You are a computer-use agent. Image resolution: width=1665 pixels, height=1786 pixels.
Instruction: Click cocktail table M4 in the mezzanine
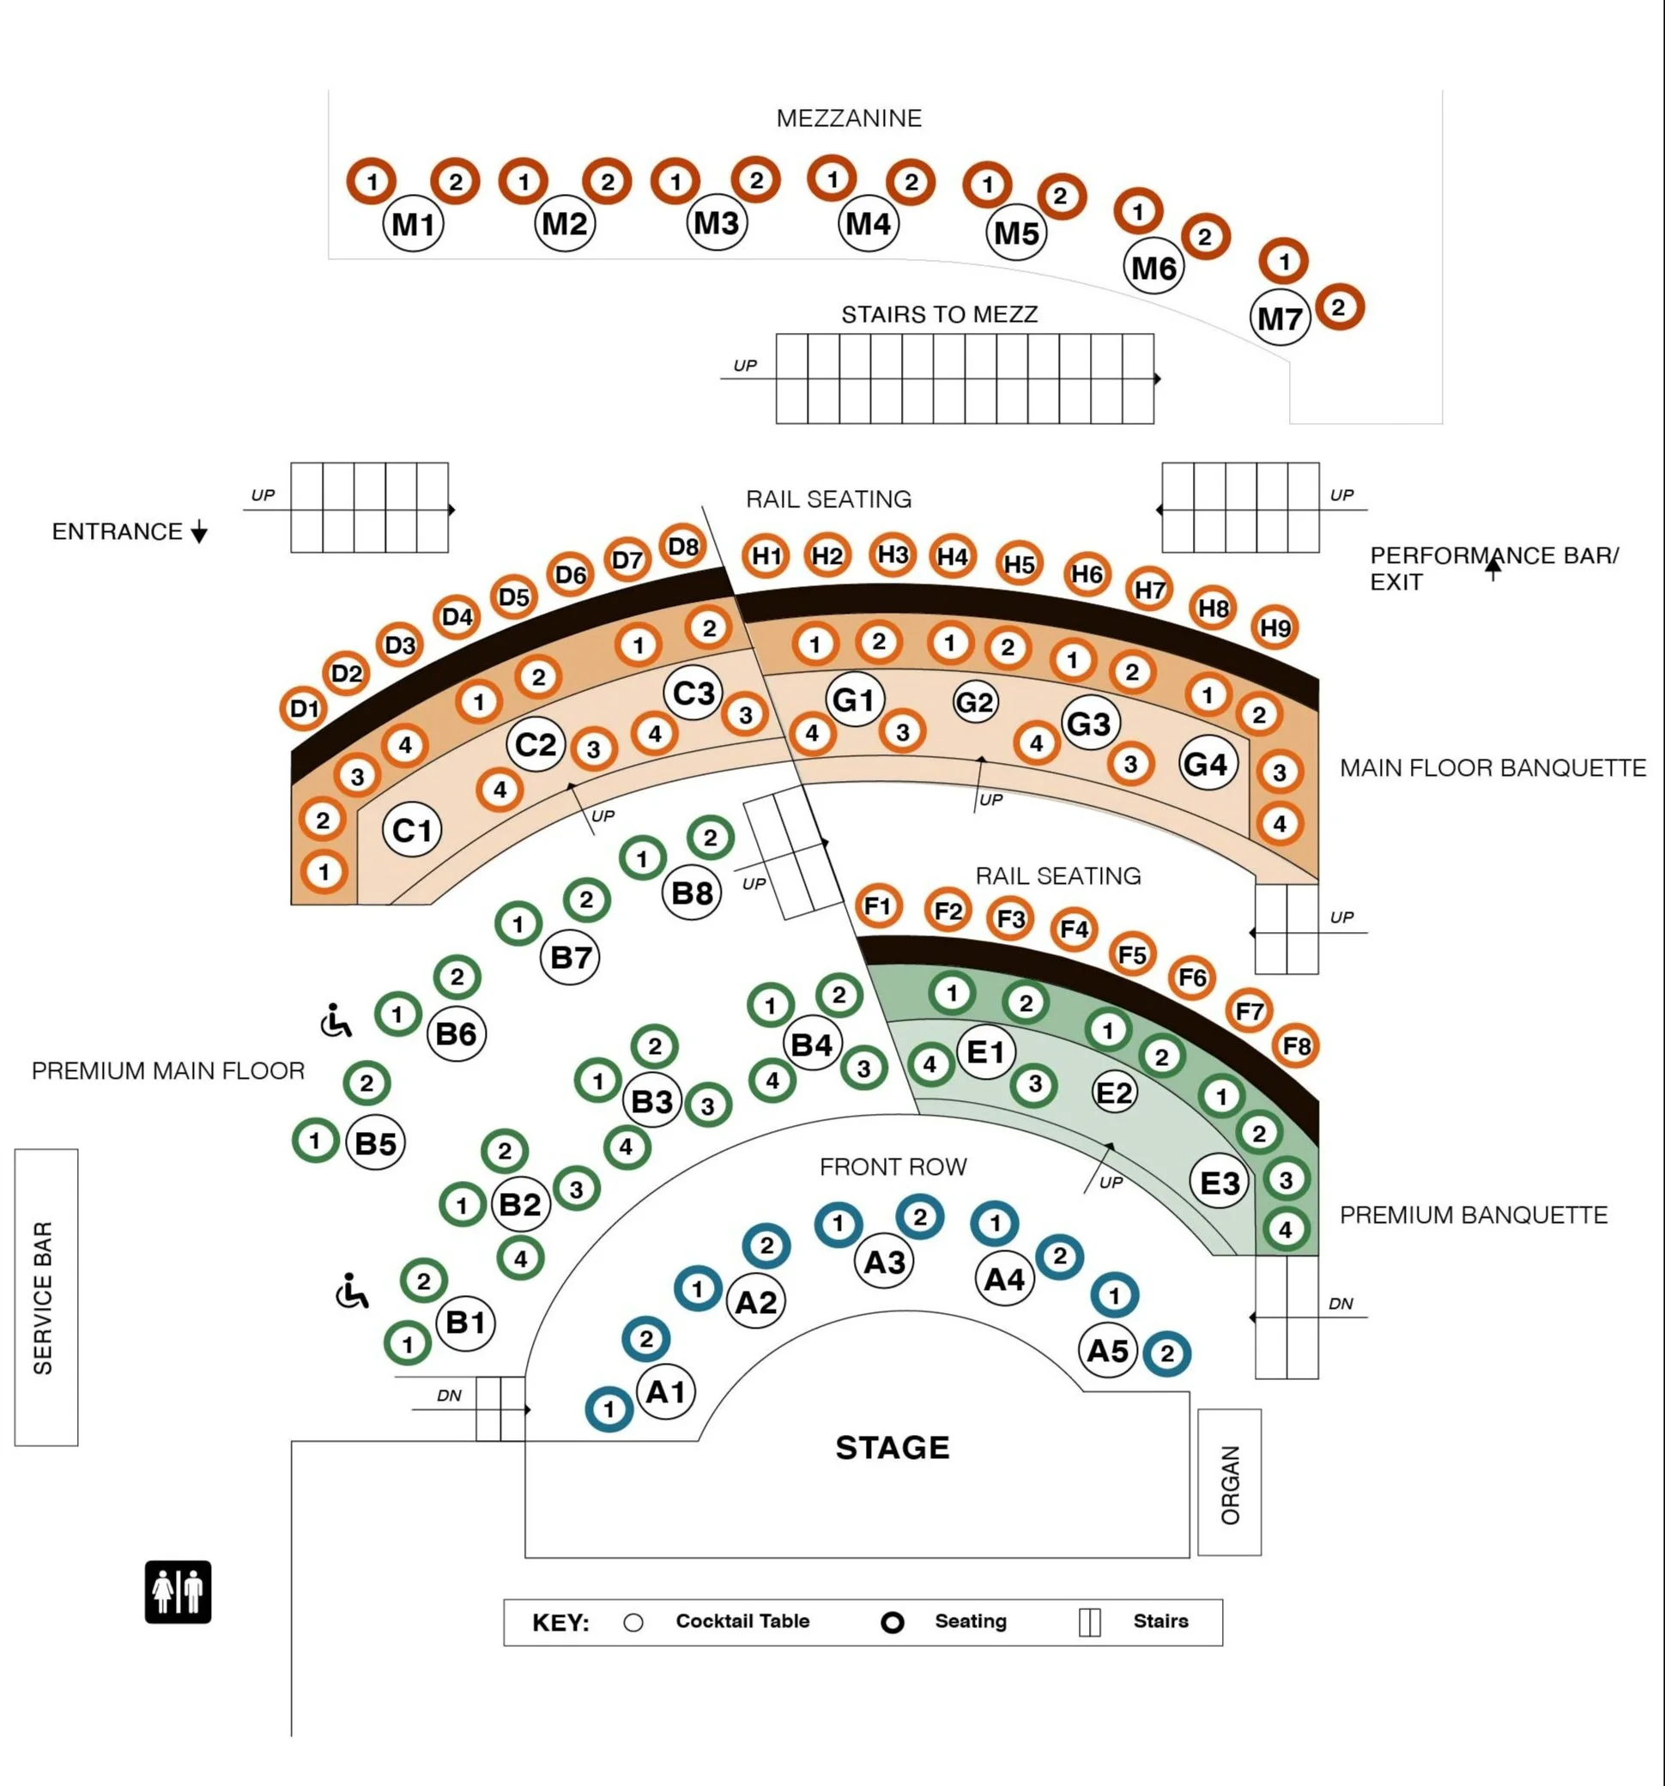tap(868, 223)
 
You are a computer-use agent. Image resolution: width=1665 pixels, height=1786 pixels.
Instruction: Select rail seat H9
tap(1275, 628)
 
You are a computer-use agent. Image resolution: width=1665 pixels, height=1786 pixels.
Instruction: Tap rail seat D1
tap(304, 709)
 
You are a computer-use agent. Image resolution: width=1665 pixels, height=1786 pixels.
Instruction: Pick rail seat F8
tap(1296, 1045)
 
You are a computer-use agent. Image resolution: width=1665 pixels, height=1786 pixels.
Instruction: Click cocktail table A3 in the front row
tap(884, 1262)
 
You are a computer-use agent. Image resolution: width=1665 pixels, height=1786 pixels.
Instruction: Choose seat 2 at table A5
tap(1166, 1353)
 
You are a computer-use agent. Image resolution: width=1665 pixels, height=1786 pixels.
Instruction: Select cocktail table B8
tap(692, 893)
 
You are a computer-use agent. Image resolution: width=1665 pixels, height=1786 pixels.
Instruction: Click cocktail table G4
tap(1207, 764)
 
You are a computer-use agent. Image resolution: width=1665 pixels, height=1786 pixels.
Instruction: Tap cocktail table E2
tap(1114, 1093)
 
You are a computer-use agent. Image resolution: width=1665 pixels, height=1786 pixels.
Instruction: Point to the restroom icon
tap(178, 1592)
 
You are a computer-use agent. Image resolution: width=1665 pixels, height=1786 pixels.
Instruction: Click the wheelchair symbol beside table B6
tap(336, 1021)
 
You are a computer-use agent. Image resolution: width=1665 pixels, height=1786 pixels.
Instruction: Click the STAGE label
tap(893, 1447)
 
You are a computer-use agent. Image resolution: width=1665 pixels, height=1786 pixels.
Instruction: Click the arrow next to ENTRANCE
tap(199, 533)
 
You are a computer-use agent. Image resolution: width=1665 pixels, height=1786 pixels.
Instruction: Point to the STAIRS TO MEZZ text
tap(939, 314)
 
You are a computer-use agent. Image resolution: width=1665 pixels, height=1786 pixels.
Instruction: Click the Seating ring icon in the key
tap(893, 1622)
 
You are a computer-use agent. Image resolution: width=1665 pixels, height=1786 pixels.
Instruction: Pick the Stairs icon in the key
tap(1089, 1622)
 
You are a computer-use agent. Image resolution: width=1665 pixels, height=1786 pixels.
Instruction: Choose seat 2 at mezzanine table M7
tap(1339, 307)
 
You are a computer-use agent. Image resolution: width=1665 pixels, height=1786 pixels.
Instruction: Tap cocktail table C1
tap(412, 830)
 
